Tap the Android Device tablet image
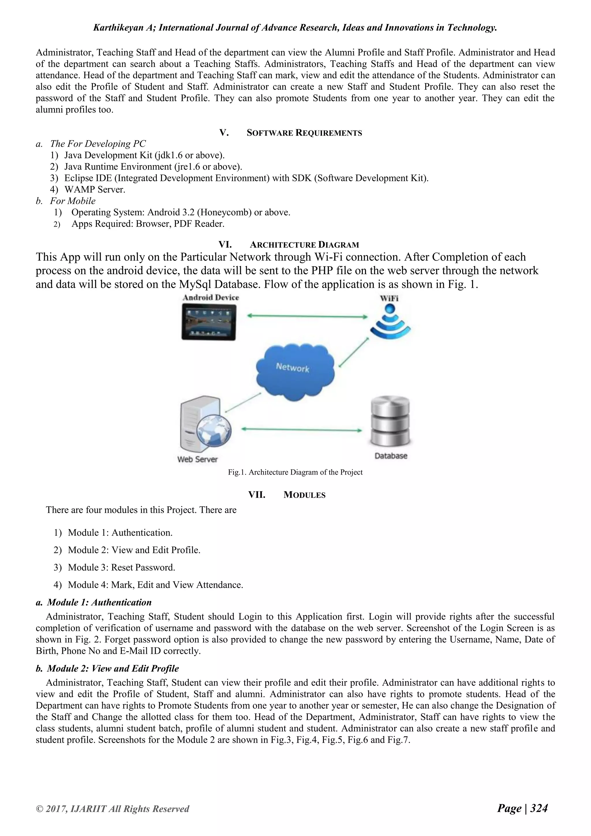[209, 322]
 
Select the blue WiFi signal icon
[390, 322]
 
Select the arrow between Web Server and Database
[301, 430]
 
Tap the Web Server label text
[197, 459]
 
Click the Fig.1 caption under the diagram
[295, 472]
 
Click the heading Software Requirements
[304, 133]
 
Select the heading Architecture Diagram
[304, 245]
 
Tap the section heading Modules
[304, 495]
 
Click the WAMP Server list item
[95, 190]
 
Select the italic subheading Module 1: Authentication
[99, 602]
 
